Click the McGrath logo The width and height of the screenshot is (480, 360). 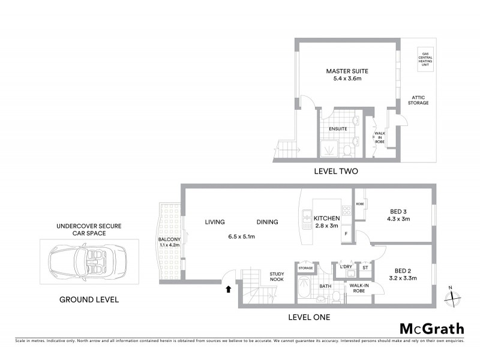(432, 328)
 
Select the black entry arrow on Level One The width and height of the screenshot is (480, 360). (228, 289)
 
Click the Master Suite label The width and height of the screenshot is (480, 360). (347, 71)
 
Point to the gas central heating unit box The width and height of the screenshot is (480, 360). (427, 61)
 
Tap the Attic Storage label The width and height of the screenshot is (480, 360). (419, 100)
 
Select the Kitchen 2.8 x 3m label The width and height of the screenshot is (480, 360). (327, 222)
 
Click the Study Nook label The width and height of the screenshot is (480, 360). (277, 276)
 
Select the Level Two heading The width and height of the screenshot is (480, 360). (336, 171)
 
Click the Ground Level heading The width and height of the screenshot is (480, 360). (89, 299)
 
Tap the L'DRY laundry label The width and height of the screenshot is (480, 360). (346, 267)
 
